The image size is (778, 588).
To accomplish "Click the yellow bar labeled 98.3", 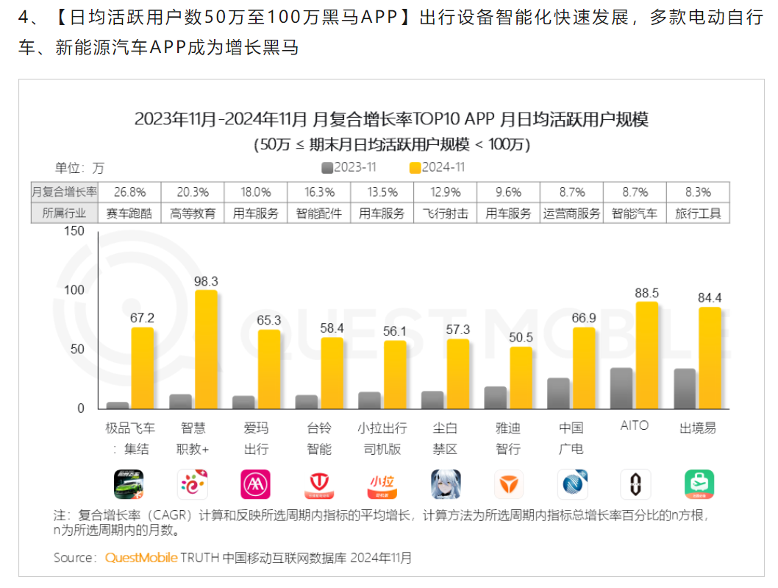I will tap(206, 350).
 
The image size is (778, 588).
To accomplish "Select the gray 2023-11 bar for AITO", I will tap(621, 389).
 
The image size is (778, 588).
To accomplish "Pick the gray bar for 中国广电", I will tap(558, 394).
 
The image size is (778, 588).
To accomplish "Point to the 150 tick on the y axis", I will tap(75, 231).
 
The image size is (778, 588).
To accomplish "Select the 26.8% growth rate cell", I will tap(129, 192).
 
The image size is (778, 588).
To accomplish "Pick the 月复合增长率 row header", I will tap(65, 192).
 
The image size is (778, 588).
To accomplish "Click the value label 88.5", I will tap(647, 292).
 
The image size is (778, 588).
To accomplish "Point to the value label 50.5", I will tap(521, 337).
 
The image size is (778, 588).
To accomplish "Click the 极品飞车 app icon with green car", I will tap(129, 484).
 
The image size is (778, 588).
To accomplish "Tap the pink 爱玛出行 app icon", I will tap(255, 484).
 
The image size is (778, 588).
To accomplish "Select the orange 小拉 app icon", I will tap(382, 484).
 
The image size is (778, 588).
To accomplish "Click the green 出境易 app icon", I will tap(699, 484).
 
